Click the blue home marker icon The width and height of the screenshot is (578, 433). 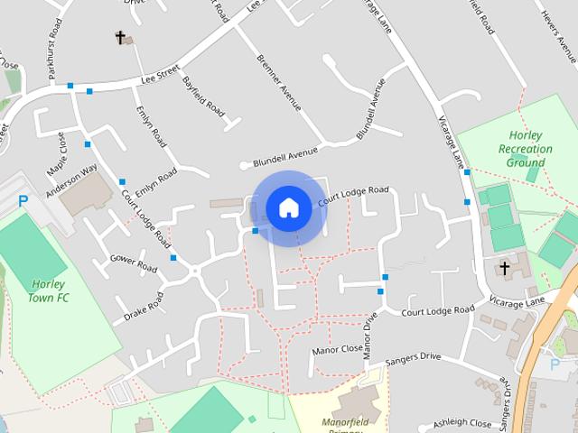289,208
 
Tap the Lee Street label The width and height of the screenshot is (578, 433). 161,79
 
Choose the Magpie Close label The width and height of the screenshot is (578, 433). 55,154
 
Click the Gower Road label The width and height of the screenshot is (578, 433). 134,263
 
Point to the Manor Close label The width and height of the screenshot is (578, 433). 337,349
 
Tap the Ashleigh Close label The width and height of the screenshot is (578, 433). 461,422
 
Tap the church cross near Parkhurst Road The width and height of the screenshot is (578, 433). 120,37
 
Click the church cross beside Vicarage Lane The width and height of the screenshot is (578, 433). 505,268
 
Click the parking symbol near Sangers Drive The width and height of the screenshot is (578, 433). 555,364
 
